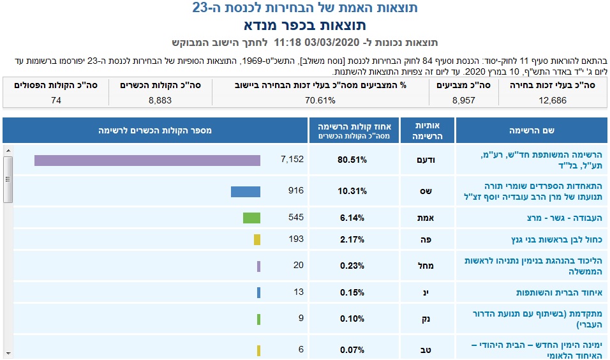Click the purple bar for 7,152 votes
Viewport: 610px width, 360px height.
point(147,160)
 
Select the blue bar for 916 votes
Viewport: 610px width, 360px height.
point(246,191)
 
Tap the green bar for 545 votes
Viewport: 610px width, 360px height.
point(251,218)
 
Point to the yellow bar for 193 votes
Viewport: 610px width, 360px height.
point(257,240)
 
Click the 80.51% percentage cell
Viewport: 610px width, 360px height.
point(352,160)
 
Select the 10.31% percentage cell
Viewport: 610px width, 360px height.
point(352,191)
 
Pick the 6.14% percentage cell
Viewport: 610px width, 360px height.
point(352,218)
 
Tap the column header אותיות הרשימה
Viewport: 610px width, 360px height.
point(428,130)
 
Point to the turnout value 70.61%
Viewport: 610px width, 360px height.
point(320,100)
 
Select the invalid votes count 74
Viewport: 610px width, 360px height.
point(56,100)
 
